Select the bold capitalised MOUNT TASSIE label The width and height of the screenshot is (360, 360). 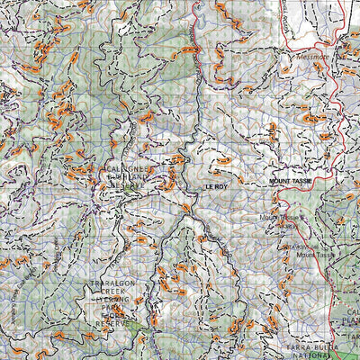[x=289, y=182]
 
